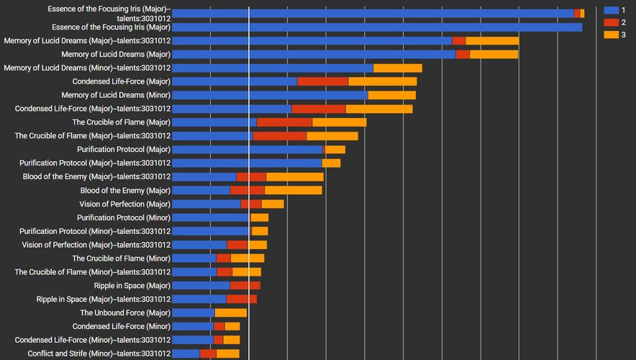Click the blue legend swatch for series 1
612,10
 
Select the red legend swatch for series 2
612,22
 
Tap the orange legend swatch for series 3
612,35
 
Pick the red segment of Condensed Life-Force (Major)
322,81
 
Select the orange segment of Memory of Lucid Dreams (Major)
494,54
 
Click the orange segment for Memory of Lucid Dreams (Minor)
391,95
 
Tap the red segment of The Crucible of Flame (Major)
284,122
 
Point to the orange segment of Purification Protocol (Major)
335,150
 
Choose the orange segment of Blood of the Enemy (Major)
293,190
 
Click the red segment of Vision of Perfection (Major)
251,204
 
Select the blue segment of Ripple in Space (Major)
201,286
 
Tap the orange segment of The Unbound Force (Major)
230,312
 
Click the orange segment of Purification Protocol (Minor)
259,217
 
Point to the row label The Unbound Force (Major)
125,312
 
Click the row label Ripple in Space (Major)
132,286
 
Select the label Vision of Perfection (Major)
124,204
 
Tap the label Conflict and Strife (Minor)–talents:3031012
99,354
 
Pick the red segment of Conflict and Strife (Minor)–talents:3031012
208,354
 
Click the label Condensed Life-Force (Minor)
122,326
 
